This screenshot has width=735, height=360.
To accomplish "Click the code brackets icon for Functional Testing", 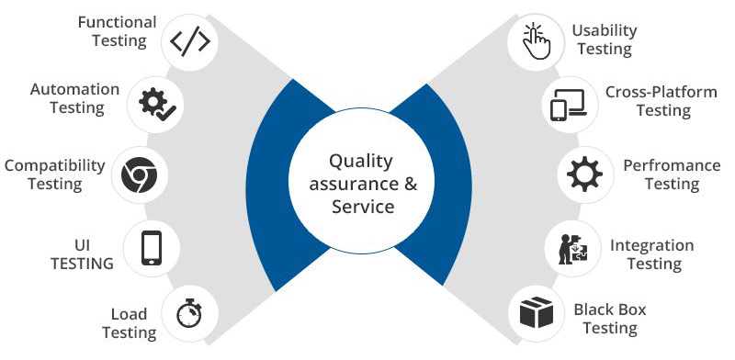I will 191,41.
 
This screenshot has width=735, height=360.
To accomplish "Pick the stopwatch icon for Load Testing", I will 189,313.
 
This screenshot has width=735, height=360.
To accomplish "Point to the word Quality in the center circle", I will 362,161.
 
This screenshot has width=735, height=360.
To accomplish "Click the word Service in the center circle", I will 362,207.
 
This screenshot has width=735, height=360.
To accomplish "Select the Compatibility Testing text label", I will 54,174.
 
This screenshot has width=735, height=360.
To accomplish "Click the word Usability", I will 604,30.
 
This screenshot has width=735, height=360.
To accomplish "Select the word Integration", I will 651,245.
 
